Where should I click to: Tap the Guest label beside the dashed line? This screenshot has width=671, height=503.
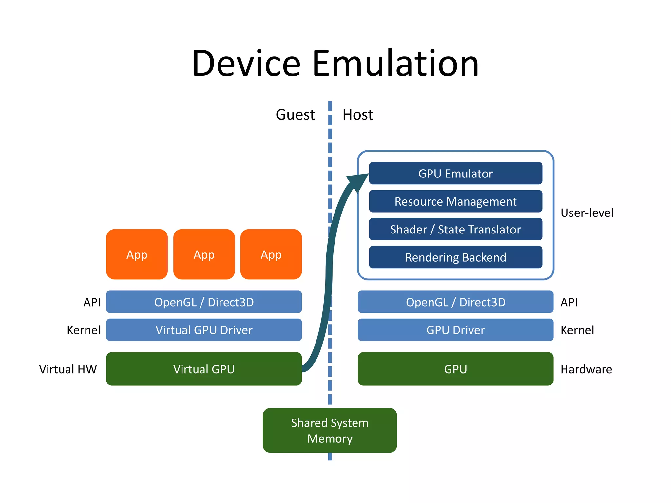(x=295, y=115)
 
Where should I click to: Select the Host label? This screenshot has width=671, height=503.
(x=357, y=115)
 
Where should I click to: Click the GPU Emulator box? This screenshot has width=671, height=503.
(x=455, y=173)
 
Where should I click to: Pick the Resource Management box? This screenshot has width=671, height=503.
(x=455, y=201)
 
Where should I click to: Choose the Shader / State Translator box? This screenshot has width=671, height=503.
(x=455, y=229)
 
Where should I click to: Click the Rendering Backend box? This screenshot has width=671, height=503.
(x=455, y=257)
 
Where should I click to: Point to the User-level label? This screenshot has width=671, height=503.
(x=586, y=213)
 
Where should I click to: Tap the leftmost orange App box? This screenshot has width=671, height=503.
(x=137, y=254)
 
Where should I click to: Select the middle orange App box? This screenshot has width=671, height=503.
(x=204, y=254)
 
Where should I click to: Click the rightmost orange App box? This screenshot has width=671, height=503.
(x=271, y=254)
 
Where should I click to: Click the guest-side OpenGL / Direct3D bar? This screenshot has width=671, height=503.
(x=204, y=302)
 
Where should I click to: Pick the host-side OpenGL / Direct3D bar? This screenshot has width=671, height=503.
(x=455, y=302)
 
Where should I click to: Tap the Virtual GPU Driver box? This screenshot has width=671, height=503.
(x=204, y=330)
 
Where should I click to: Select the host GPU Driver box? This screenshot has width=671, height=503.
(x=455, y=330)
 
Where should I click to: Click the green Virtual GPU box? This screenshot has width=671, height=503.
(x=204, y=369)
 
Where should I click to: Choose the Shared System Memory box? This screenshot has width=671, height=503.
(x=330, y=430)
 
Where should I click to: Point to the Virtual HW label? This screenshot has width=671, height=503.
(x=68, y=369)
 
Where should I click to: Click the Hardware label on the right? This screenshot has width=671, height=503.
(x=586, y=369)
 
